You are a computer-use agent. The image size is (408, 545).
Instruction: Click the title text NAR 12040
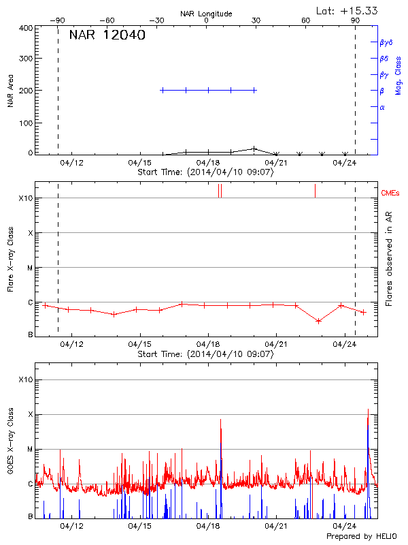click(x=107, y=35)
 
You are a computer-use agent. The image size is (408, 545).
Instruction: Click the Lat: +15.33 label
click(x=347, y=10)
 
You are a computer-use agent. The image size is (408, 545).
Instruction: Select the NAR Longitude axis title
click(x=206, y=14)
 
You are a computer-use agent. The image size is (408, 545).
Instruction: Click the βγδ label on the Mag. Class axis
click(x=386, y=42)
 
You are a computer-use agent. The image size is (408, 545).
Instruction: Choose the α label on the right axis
click(x=382, y=107)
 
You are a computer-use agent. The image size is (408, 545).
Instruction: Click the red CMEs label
click(x=391, y=194)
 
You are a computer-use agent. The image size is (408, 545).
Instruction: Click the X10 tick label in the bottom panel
click(x=26, y=379)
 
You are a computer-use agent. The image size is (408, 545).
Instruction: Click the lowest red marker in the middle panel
click(x=318, y=321)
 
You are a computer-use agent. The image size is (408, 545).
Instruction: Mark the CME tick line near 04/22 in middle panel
click(x=315, y=191)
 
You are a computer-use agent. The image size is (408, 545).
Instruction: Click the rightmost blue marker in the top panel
click(x=254, y=90)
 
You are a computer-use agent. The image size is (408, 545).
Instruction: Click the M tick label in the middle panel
click(x=29, y=268)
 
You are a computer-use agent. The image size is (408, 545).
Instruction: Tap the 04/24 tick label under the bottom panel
click(x=345, y=526)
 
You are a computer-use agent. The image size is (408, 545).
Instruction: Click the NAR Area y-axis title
click(x=10, y=91)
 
